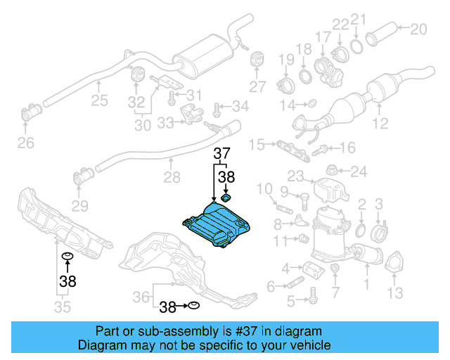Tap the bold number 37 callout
coord(222,154)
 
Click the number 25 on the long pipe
coord(99,101)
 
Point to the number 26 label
coord(25,144)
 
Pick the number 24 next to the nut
coord(359,171)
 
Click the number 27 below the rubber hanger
coord(257,86)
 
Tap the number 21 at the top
coord(359,19)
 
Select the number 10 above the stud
coord(264,188)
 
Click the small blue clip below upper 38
coord(226,199)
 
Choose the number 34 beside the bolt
coord(240,106)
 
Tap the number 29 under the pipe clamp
coord(79,205)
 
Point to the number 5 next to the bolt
coord(290,302)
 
